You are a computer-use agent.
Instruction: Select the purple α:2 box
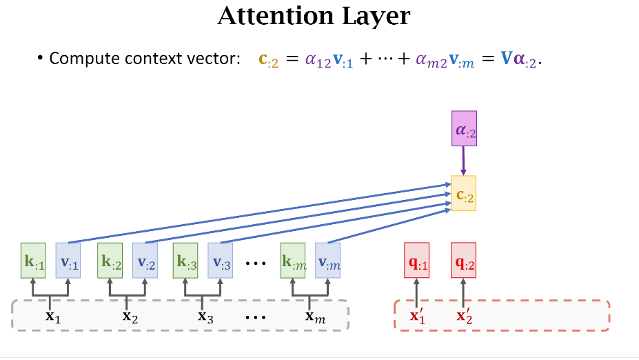point(463,128)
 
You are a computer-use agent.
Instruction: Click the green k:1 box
point(33,260)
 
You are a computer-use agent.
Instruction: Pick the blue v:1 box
point(68,260)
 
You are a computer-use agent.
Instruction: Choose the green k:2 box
point(110,260)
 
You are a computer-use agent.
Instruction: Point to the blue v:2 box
point(145,260)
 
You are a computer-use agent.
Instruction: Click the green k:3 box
point(185,260)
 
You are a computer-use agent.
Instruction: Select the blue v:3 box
point(221,260)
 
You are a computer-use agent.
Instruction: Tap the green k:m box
point(293,260)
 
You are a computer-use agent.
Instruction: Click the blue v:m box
point(327,260)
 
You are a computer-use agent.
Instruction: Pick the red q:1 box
point(416,260)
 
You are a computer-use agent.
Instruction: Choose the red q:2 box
point(463,260)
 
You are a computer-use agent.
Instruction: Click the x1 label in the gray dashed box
point(52,317)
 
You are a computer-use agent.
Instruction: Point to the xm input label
point(314,317)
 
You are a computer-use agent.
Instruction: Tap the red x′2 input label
point(463,317)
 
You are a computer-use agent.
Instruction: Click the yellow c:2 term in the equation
point(268,60)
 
